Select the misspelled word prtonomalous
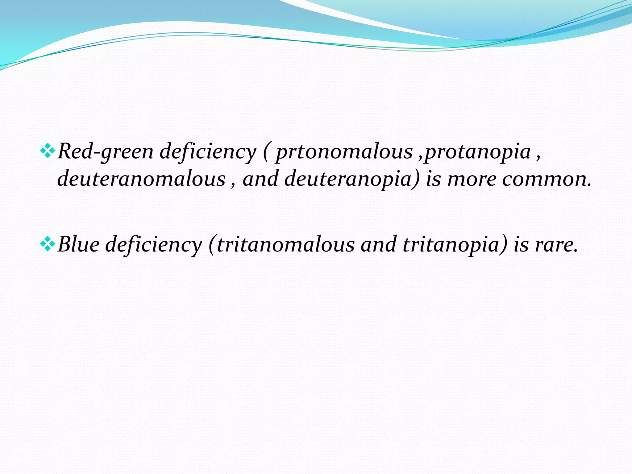tap(344, 152)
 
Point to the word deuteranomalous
tap(141, 179)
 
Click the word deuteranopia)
tap(352, 179)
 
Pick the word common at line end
tap(546, 179)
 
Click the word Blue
tap(78, 244)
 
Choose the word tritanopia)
tap(455, 244)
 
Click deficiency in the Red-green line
tap(208, 152)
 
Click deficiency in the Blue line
tap(153, 244)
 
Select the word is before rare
tap(521, 244)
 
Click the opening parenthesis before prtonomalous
tap(266, 152)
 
